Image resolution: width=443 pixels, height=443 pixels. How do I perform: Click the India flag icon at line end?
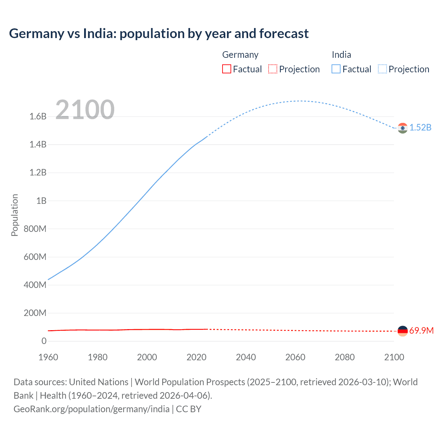[403, 128]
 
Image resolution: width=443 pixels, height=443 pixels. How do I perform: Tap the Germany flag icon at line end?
[403, 331]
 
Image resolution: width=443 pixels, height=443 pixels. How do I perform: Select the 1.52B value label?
[421, 128]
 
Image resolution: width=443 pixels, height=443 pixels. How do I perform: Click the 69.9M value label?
[421, 331]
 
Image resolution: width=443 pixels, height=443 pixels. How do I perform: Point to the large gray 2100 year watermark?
[85, 110]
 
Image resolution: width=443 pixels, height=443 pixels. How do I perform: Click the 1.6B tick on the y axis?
[38, 117]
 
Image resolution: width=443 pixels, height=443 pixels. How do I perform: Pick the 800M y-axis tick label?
[35, 229]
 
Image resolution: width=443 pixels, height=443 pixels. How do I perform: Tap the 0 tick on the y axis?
[44, 341]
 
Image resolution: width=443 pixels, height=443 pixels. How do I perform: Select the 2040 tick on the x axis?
[246, 357]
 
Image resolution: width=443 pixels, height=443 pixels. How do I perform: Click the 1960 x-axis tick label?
[48, 357]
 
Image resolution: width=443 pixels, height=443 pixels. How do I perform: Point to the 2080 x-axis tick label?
[345, 357]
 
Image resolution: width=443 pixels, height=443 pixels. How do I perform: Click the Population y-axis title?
[15, 215]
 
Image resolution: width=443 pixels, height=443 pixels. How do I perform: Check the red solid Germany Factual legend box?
[227, 69]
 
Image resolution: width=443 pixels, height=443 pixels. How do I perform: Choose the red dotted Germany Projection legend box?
[273, 69]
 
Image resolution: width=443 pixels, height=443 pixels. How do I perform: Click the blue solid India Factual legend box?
[336, 69]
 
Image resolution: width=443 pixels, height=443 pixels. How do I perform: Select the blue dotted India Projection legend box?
[382, 69]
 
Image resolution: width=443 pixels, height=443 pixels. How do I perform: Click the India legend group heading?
[341, 55]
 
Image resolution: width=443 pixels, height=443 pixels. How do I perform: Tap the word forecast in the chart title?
[284, 34]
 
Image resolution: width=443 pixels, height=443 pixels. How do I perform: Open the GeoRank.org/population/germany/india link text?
[91, 409]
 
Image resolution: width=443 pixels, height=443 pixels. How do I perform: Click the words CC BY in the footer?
[189, 409]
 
